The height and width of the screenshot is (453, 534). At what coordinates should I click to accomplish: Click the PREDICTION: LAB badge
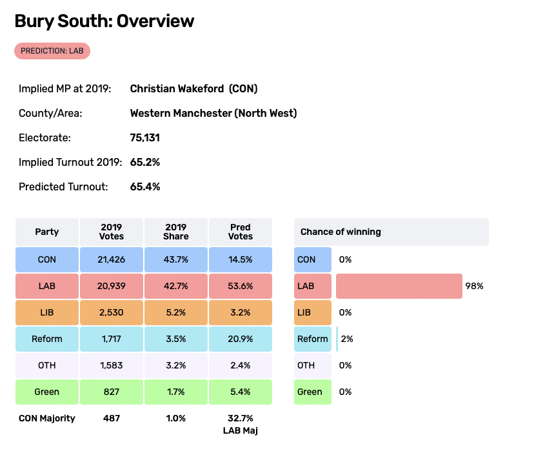[x=52, y=51]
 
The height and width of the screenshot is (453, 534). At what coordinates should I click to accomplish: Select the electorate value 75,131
[x=145, y=137]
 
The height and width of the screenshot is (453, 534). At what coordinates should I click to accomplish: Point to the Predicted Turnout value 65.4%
[x=145, y=186]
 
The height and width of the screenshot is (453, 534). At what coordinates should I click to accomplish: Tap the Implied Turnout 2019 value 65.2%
[x=145, y=162]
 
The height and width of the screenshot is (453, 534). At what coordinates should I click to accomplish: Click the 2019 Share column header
[x=176, y=232]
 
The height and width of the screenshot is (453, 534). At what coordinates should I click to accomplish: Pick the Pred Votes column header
[x=241, y=232]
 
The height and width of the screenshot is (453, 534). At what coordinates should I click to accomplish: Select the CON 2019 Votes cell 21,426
[x=112, y=259]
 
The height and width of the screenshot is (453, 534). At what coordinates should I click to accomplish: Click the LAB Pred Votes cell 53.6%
[x=241, y=286]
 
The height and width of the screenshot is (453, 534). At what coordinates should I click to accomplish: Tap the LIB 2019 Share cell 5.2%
[x=176, y=312]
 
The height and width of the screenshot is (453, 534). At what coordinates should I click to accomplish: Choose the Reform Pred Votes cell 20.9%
[x=241, y=339]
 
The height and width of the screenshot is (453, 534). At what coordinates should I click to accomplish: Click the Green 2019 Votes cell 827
[x=112, y=392]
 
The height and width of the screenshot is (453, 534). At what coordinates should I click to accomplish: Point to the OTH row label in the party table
[x=47, y=365]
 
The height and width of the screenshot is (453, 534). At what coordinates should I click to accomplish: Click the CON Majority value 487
[x=112, y=418]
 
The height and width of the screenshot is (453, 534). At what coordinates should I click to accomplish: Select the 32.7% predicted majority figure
[x=241, y=418]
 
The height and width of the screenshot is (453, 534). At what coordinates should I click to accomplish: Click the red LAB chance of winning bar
[x=399, y=286]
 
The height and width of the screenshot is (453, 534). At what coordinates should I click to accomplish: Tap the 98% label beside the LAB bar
[x=474, y=286]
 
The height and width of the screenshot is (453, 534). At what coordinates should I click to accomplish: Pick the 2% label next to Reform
[x=346, y=339]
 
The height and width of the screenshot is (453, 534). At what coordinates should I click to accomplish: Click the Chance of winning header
[x=341, y=232]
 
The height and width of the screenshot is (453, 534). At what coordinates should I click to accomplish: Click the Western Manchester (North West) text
[x=213, y=113]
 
